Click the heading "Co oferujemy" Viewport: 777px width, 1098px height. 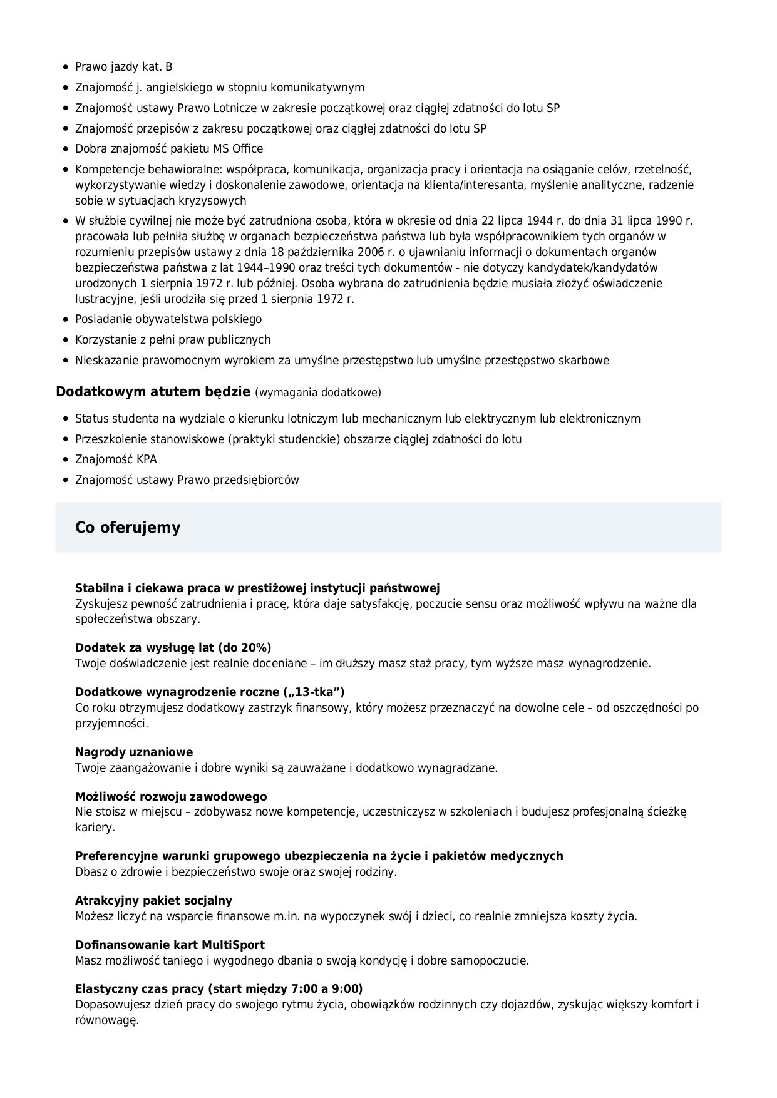128,527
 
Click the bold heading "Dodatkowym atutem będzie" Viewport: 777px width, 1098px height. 153,392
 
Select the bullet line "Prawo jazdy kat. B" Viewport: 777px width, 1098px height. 123,67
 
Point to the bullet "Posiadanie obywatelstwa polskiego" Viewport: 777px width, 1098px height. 168,319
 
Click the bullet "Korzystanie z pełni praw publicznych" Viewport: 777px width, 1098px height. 173,340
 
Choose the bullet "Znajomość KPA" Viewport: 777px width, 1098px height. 116,459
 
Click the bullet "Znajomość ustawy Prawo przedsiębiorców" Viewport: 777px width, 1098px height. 187,480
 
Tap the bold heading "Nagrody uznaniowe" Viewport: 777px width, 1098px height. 134,752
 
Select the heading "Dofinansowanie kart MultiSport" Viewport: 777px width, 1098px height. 170,945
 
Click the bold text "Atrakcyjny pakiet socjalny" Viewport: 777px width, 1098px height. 153,900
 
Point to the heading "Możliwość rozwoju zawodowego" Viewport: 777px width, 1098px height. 171,796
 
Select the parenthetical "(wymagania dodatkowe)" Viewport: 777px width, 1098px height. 318,393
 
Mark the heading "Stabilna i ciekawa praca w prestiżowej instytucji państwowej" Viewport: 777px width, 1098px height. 257,588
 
